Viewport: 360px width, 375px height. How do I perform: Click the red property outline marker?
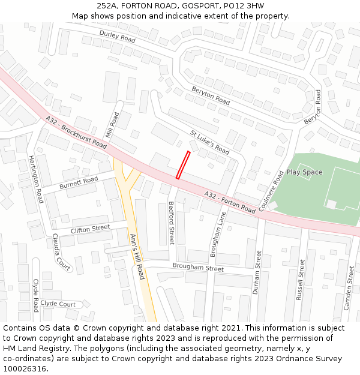[183, 165]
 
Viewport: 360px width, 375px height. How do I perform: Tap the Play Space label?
[304, 172]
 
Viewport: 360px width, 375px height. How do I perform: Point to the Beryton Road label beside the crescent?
[211, 95]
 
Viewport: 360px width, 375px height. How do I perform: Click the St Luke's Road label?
[209, 142]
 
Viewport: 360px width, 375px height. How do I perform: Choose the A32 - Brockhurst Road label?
[76, 133]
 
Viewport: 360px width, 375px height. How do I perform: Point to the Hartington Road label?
[36, 179]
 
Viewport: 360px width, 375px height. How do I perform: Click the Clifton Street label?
[91, 229]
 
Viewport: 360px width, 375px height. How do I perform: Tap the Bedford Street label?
[171, 223]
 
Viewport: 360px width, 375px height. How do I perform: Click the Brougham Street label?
[198, 267]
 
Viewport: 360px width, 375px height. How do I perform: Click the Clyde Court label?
[58, 304]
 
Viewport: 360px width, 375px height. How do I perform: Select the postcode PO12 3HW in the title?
[240, 6]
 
